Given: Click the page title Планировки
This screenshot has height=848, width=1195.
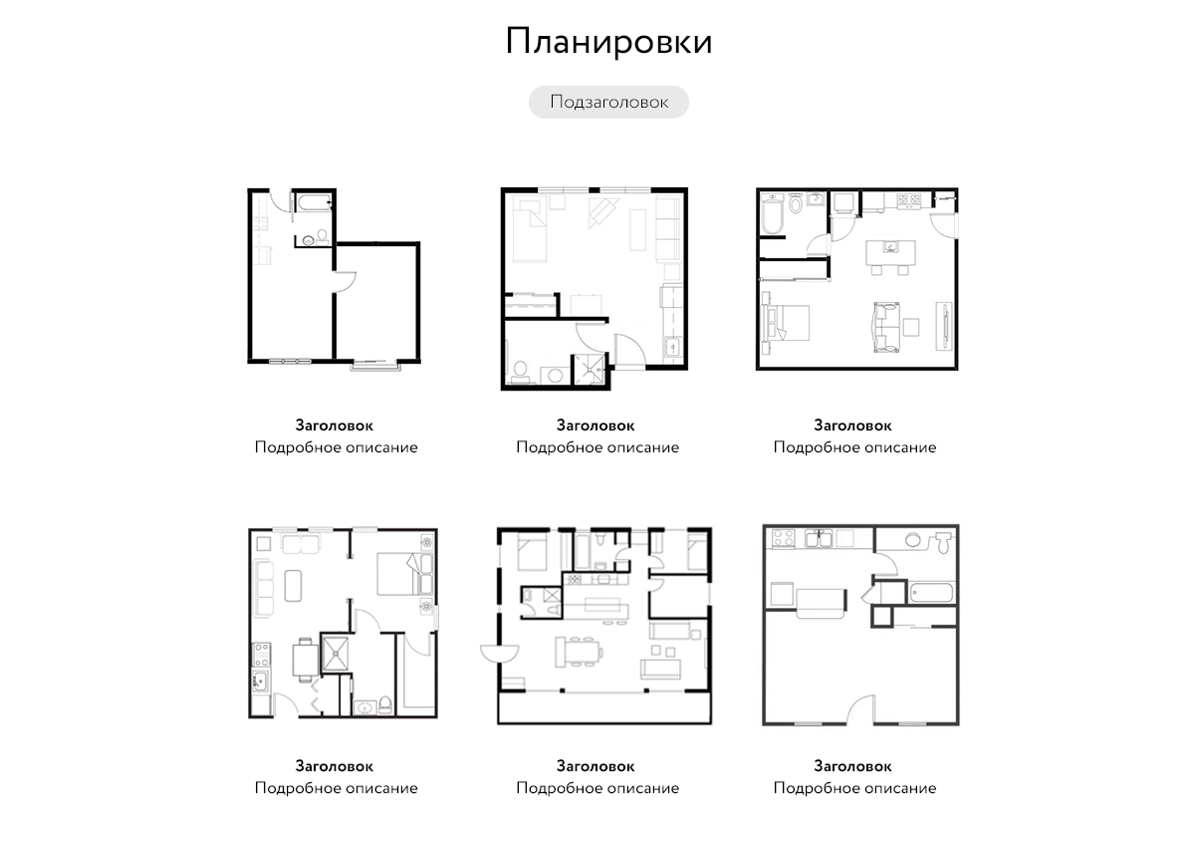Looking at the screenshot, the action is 608,42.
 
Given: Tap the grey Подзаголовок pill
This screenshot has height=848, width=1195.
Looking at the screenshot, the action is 608,102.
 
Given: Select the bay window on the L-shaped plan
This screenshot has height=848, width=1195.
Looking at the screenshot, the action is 375,365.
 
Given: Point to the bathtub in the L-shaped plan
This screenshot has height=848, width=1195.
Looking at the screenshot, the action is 315,203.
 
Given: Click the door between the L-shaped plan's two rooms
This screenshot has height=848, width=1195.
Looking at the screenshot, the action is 346,282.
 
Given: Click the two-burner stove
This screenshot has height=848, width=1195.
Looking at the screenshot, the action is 908,199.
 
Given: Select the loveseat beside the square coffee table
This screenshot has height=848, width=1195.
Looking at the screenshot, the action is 886,328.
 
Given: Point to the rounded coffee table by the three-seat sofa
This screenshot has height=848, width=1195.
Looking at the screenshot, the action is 293,586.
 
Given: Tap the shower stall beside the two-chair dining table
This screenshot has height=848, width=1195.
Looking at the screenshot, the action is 336,652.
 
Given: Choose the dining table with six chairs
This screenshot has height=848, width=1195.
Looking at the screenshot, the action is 580,652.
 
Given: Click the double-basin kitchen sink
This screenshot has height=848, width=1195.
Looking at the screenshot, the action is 819,539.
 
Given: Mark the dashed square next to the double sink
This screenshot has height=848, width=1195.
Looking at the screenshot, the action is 844,538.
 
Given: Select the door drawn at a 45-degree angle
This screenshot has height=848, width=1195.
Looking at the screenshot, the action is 869,594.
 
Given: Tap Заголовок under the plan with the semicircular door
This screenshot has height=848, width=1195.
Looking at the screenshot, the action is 596,766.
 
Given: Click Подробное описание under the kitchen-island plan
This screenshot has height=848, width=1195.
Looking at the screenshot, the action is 854,447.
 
